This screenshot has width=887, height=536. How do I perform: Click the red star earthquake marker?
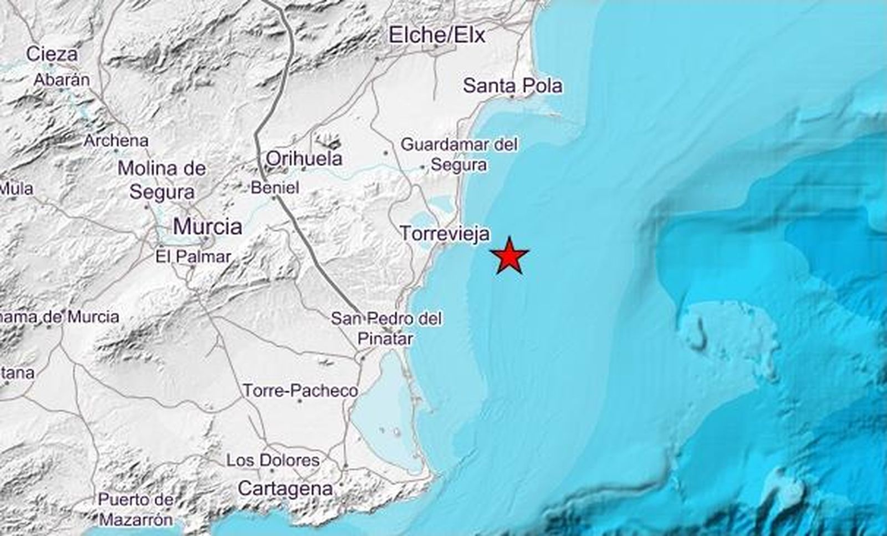click(509, 256)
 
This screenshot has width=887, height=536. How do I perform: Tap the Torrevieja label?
click(445, 234)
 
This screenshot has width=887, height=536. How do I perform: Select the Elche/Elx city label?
click(437, 36)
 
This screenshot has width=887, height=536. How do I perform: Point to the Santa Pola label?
click(512, 85)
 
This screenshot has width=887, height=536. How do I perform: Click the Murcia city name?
click(207, 226)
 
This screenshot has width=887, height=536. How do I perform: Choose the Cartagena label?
click(285, 488)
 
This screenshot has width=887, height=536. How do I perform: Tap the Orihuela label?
click(304, 159)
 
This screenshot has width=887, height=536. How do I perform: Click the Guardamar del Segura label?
click(459, 155)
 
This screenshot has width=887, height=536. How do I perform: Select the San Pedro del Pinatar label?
click(386, 328)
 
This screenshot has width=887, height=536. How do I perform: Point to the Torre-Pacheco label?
click(300, 391)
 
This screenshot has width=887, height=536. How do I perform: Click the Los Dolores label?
click(273, 460)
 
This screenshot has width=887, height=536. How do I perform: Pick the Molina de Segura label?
click(162, 180)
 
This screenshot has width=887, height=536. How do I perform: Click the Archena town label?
click(116, 141)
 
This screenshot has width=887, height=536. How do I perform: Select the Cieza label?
click(52, 54)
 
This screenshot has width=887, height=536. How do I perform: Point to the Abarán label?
click(62, 80)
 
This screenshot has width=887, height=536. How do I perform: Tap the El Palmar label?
click(193, 257)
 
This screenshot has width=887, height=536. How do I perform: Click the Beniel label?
click(275, 188)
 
